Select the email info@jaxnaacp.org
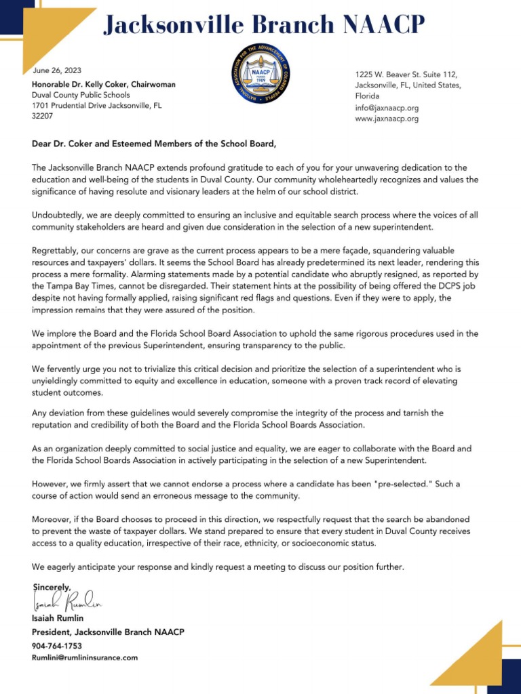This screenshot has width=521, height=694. pos(387,108)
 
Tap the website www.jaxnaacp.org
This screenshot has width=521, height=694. pos(387,119)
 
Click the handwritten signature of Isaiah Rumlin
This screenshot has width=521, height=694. pos(67,600)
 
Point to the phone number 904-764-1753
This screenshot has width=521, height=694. pos(57,646)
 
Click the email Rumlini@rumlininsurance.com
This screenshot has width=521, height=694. pos(85,657)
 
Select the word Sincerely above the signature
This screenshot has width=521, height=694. pos(52,586)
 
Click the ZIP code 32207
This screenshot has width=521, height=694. pos(43,116)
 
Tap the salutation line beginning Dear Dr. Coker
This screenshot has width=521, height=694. pos(154,144)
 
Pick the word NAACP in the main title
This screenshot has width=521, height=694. pos(383,25)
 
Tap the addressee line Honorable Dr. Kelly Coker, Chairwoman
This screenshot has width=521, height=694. pos(104,84)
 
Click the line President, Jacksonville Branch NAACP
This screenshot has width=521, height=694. pos(108,632)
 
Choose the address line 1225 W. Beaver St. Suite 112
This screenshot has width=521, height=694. pos(406,74)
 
